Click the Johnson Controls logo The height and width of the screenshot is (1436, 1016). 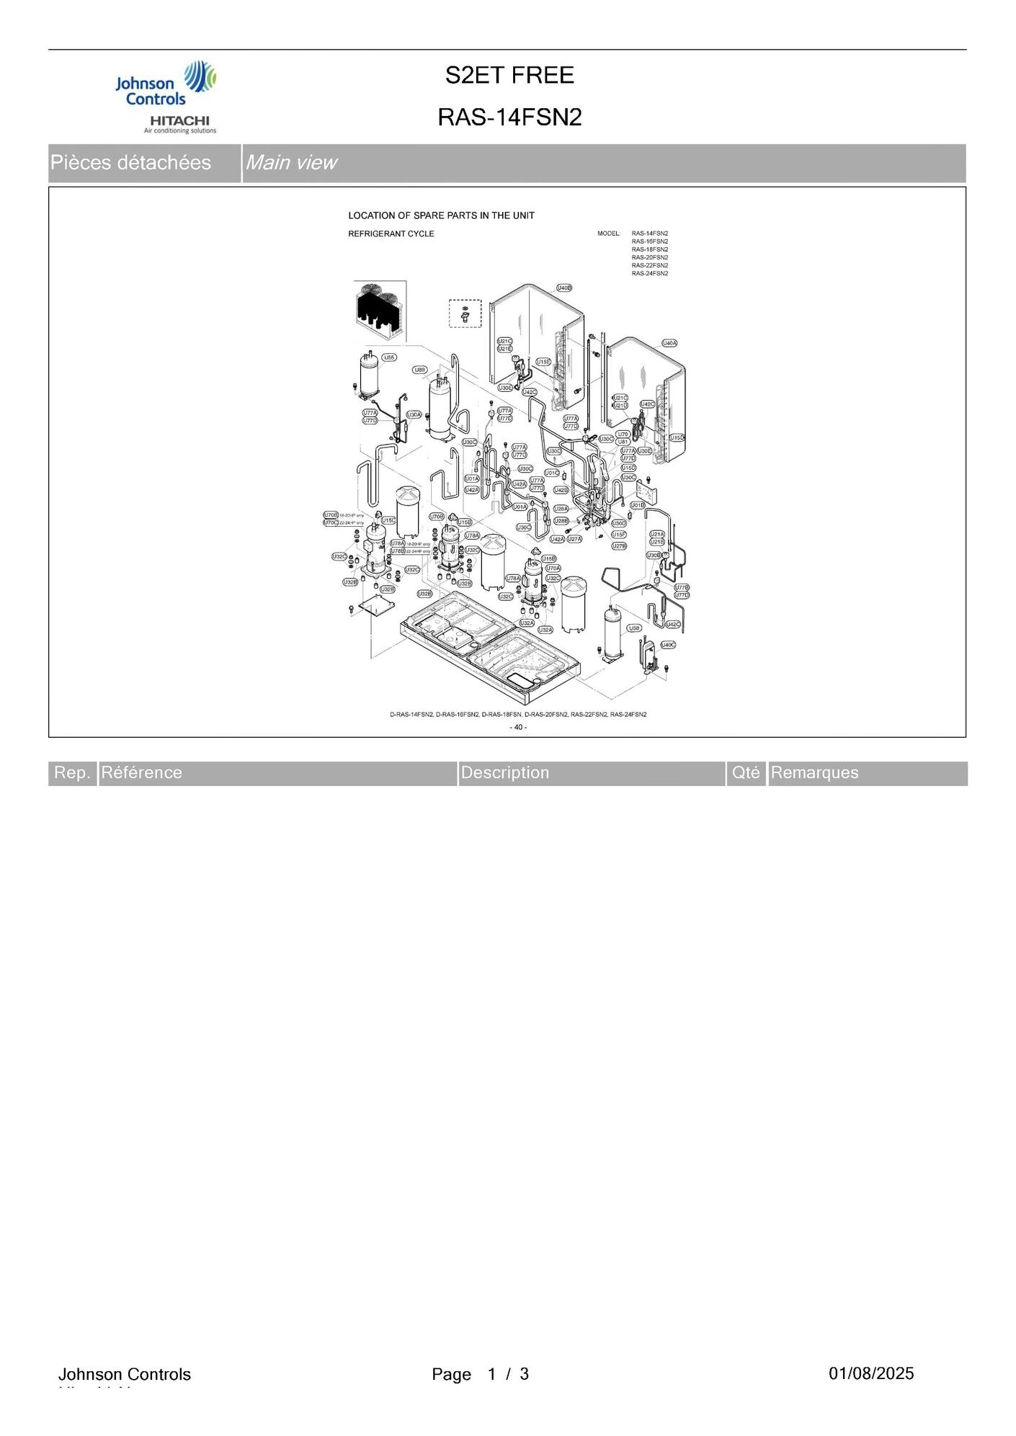pyautogui.click(x=166, y=85)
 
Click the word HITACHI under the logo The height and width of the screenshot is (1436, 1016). pyautogui.click(x=179, y=120)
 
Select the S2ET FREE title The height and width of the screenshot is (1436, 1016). pyautogui.click(x=509, y=75)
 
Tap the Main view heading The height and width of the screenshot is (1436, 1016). pyautogui.click(x=290, y=163)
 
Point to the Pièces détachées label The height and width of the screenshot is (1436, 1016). pyautogui.click(x=130, y=163)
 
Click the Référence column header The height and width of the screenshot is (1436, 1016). pyautogui.click(x=141, y=773)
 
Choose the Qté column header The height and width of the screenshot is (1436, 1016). pyautogui.click(x=746, y=773)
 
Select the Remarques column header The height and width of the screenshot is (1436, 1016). pyautogui.click(x=814, y=773)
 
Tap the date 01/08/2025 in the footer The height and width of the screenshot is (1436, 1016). pyautogui.click(x=870, y=1373)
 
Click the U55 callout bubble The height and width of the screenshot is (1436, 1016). pyautogui.click(x=389, y=357)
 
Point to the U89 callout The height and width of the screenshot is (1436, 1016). pyautogui.click(x=419, y=370)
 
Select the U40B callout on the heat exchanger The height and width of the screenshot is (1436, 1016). pyautogui.click(x=564, y=288)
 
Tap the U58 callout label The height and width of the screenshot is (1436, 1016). pyautogui.click(x=634, y=628)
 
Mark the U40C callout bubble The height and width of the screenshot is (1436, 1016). pyautogui.click(x=669, y=644)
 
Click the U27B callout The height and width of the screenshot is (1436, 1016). pyautogui.click(x=619, y=546)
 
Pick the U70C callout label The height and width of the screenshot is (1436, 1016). pyautogui.click(x=330, y=522)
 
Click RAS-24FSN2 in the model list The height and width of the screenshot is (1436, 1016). pyautogui.click(x=649, y=274)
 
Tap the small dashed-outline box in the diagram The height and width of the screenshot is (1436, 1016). pyautogui.click(x=465, y=313)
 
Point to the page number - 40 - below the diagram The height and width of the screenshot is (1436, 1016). pyautogui.click(x=518, y=727)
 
